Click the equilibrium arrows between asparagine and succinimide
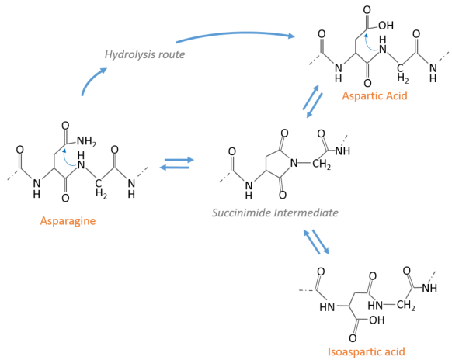[x=177, y=164]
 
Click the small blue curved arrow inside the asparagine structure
[x=68, y=157]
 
